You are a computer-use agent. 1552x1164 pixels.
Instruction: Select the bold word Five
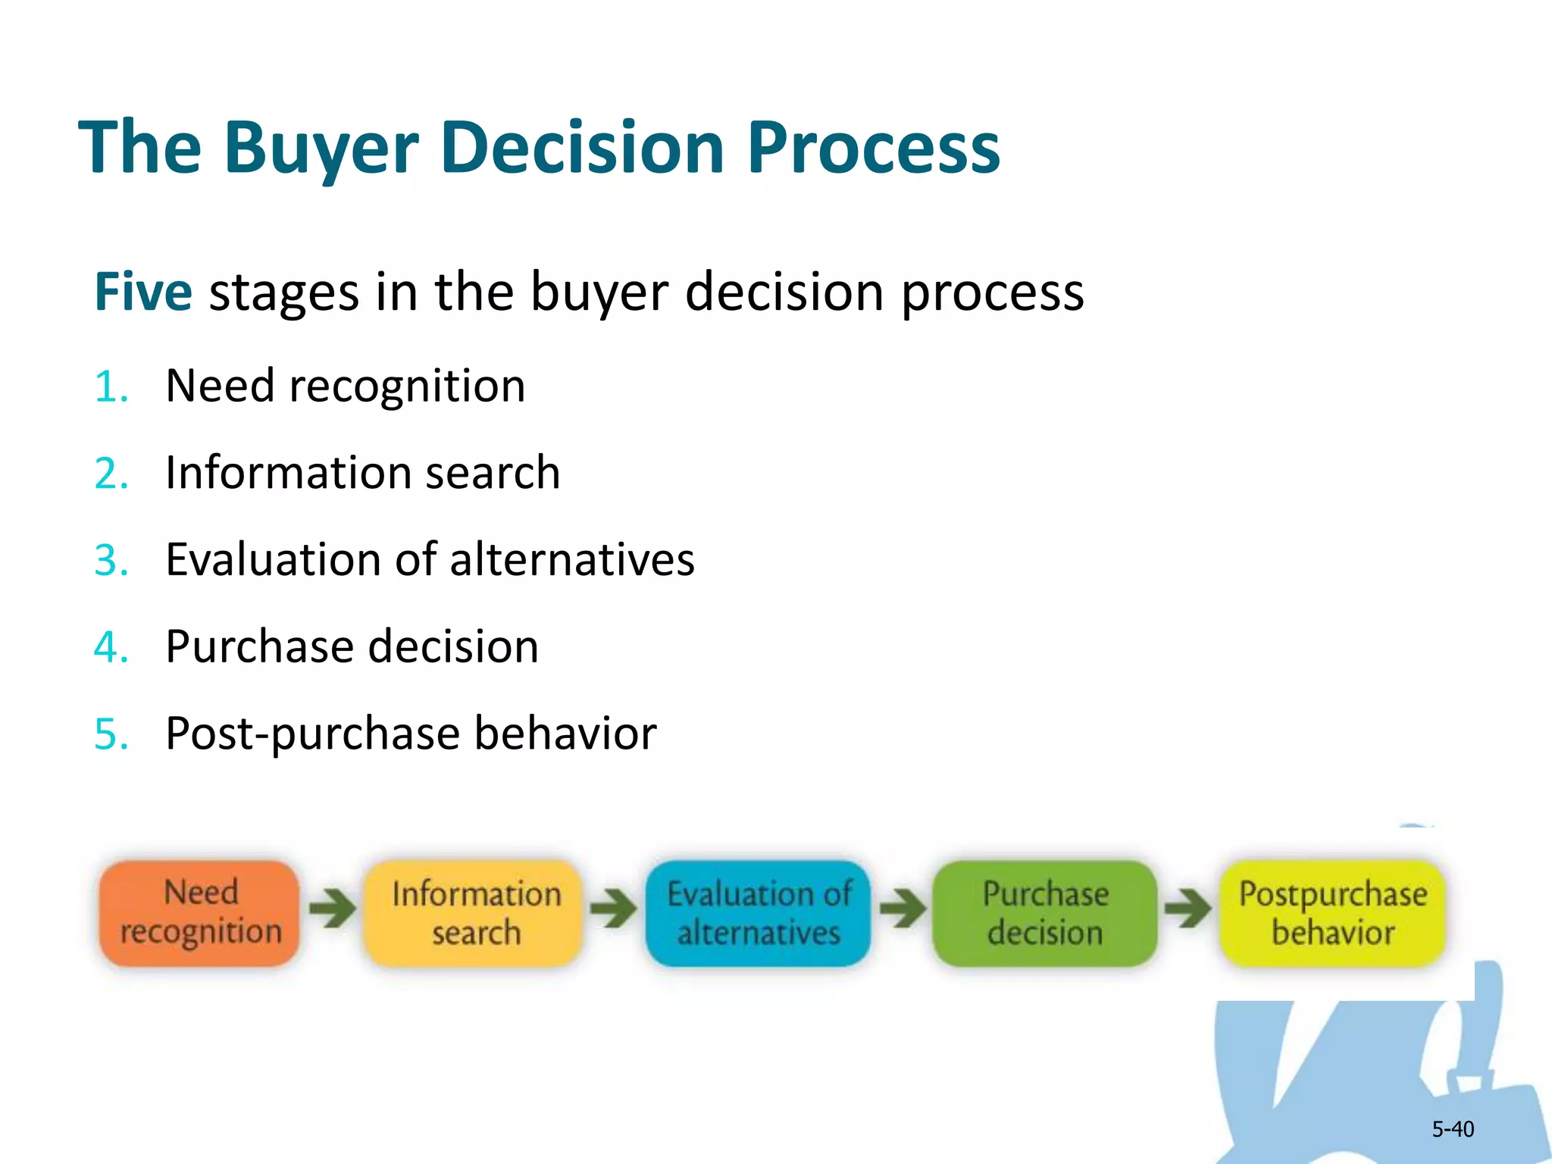pos(143,292)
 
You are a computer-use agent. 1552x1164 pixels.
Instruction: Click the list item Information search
pos(362,473)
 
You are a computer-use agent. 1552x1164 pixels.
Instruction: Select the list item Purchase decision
pos(352,647)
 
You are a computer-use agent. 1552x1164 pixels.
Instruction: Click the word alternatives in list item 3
pos(572,561)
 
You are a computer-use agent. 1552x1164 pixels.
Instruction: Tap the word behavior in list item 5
pos(565,734)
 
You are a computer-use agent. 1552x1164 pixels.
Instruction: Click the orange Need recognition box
pos(200,912)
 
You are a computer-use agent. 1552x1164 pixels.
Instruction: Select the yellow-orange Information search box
pos(476,912)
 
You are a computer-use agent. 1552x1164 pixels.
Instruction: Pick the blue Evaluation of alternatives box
pos(759,912)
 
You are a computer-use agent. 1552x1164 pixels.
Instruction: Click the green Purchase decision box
pos(1045,912)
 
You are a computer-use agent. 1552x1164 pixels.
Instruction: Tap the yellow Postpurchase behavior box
pos(1333,912)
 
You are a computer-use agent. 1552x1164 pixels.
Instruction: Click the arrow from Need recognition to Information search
pos(332,907)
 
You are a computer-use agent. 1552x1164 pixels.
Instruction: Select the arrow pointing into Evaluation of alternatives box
pos(614,907)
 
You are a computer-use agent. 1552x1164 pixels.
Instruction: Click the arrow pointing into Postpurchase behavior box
pos(1187,907)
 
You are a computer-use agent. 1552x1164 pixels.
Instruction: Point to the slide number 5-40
pos(1452,1129)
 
